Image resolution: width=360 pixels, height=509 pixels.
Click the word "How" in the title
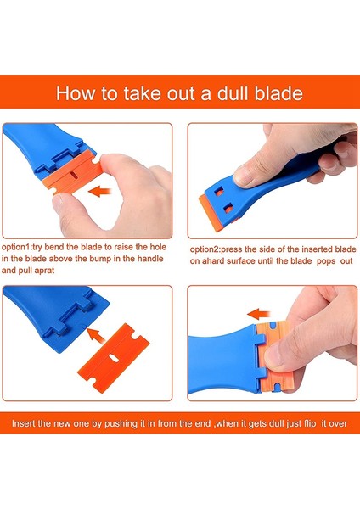coord(76,93)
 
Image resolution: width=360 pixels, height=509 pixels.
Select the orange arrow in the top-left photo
coord(99,191)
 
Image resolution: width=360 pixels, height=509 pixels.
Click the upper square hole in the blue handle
coord(220,193)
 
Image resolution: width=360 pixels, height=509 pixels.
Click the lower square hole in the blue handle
coord(228,208)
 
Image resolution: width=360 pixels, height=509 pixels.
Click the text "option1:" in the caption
coord(17,247)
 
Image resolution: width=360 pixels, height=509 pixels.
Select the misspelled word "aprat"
coord(44,270)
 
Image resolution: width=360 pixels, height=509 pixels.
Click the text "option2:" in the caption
coord(205,249)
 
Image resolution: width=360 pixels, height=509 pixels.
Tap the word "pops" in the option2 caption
coord(326,261)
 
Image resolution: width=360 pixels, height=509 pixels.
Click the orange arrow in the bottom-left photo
coord(97,335)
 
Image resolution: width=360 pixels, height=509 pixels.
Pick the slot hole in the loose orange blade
coord(113,357)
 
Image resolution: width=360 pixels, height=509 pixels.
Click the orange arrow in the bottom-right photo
coord(259,314)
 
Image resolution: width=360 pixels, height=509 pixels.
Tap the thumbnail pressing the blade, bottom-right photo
coord(275,357)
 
